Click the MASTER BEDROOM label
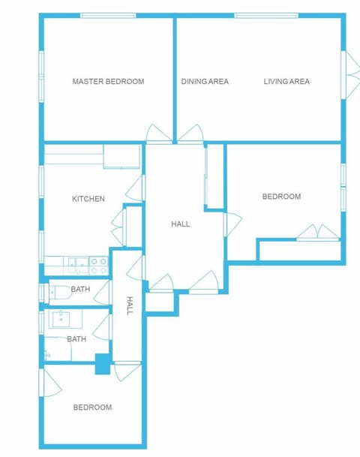(x=108, y=81)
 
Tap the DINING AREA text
(x=205, y=81)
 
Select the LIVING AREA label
(x=286, y=81)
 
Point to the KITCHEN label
(x=88, y=199)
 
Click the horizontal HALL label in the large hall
(x=180, y=224)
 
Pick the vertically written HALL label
(x=130, y=305)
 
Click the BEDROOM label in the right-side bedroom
(x=281, y=197)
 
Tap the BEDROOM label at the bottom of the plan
(x=92, y=407)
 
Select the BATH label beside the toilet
(x=80, y=290)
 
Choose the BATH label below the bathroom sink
(x=76, y=339)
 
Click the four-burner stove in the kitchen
(x=98, y=263)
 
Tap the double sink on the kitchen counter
(x=77, y=263)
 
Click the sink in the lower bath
(x=61, y=320)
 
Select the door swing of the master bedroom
(x=158, y=134)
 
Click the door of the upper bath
(x=103, y=292)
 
